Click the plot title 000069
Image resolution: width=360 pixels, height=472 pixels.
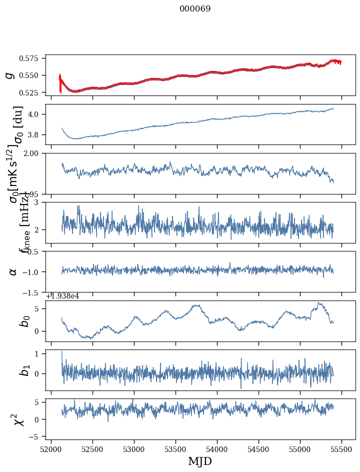(195, 9)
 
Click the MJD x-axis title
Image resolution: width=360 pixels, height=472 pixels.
(200, 461)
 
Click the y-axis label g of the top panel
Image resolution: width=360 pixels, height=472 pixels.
(8, 75)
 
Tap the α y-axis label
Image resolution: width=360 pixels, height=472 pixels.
(13, 271)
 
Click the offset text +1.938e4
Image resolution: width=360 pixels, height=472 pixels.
(62, 296)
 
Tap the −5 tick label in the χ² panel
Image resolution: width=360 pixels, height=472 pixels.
(36, 437)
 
